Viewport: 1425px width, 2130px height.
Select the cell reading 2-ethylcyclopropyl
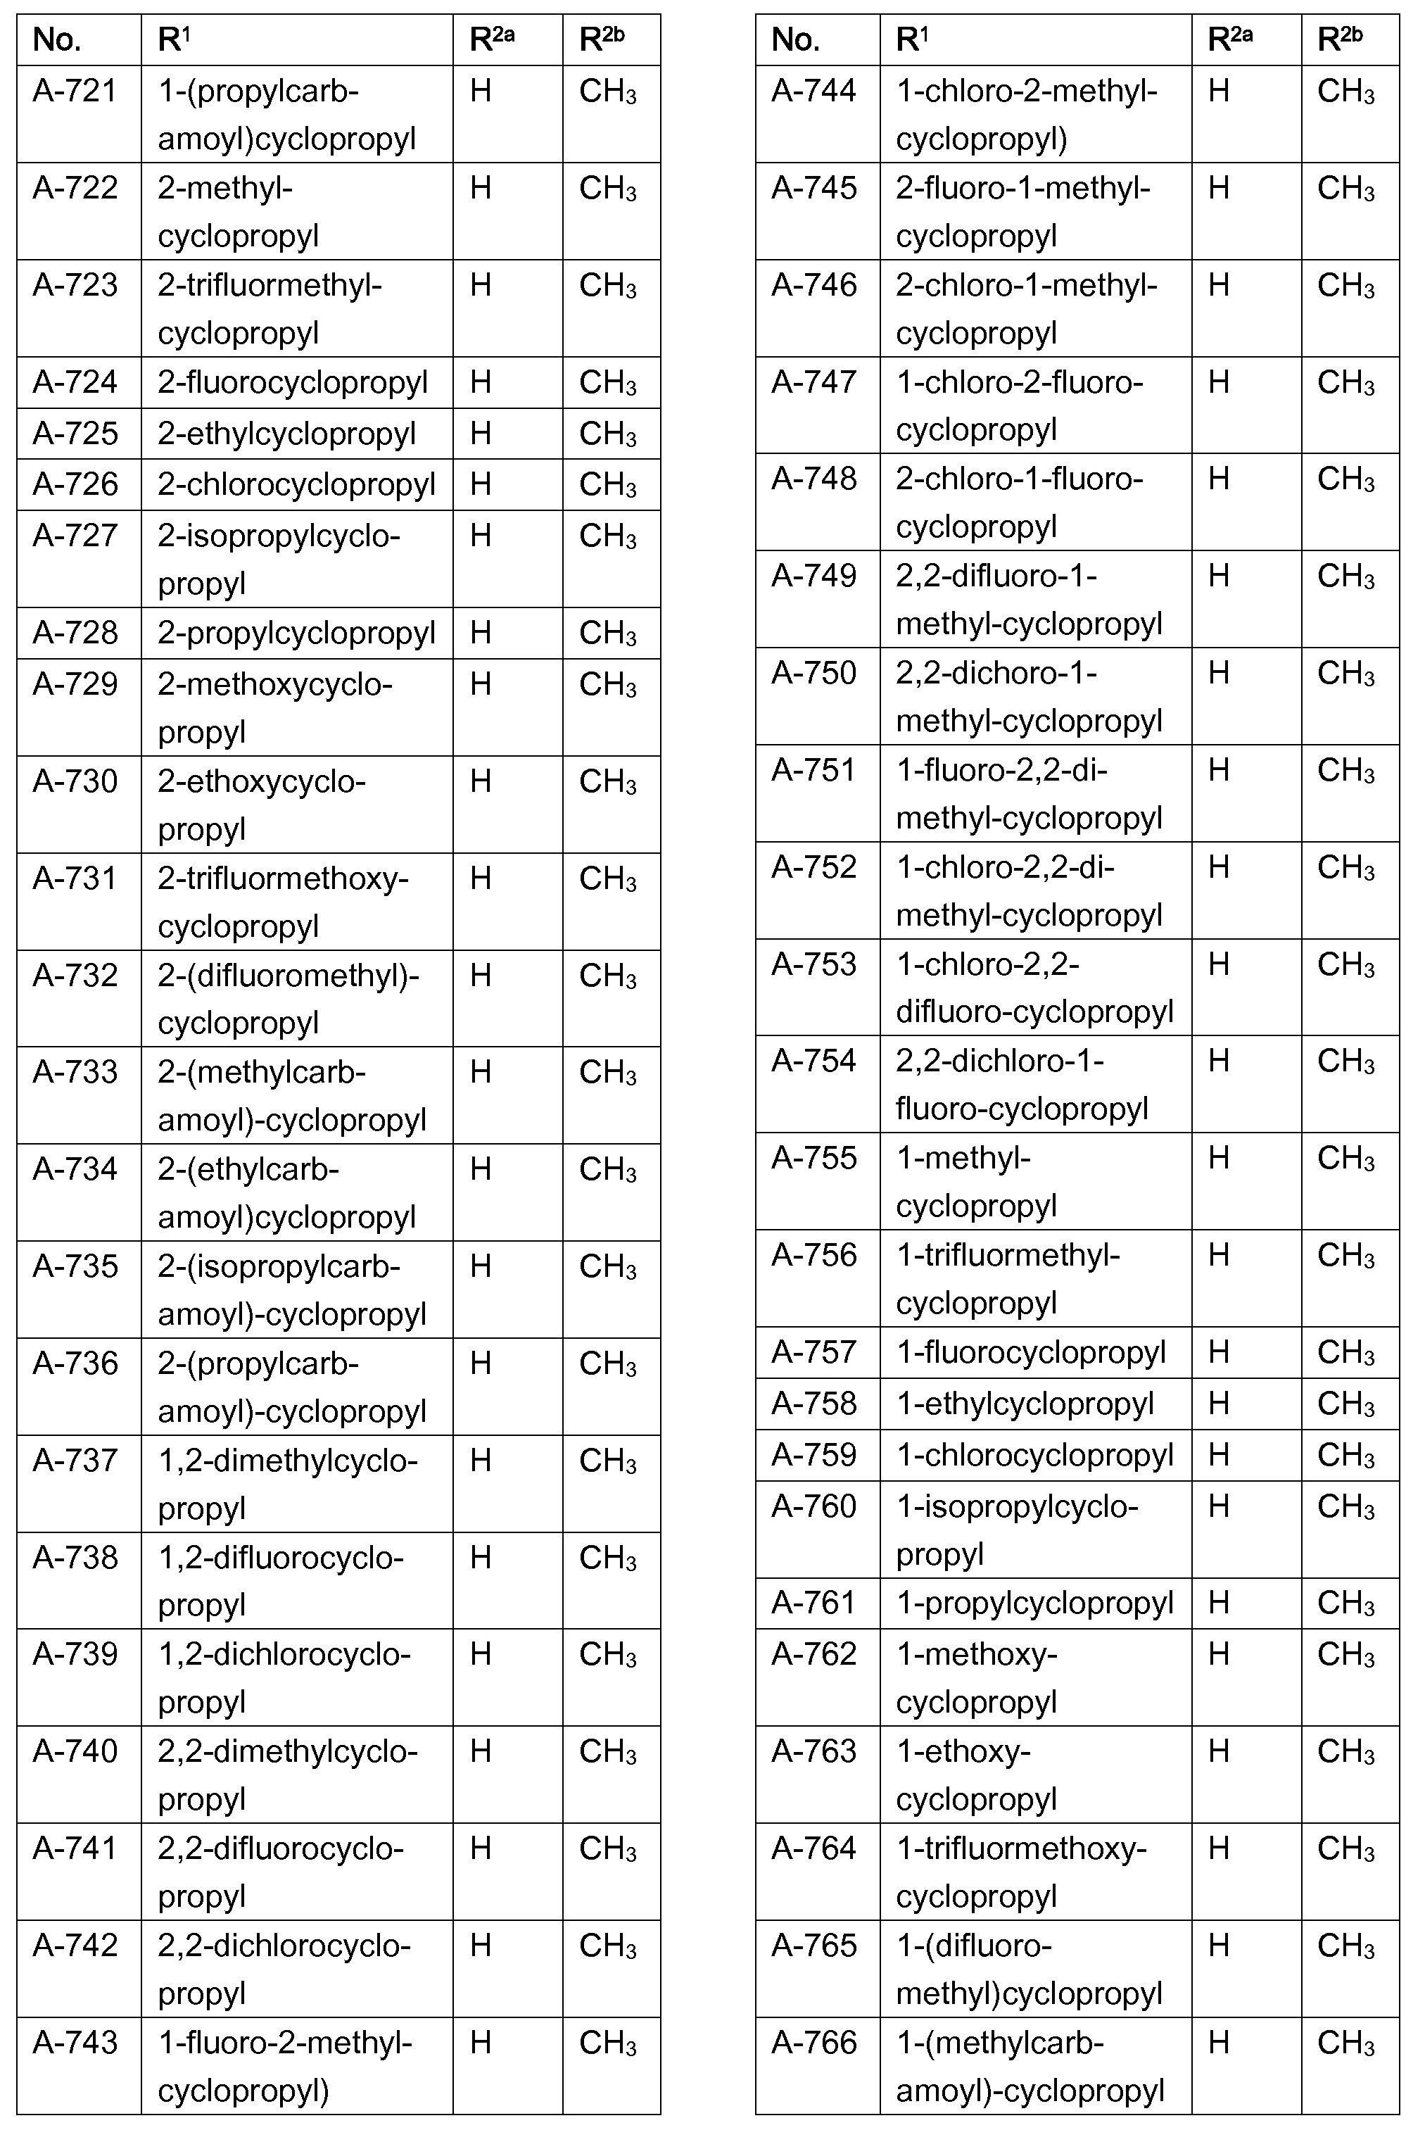[286, 434]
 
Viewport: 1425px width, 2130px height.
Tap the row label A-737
[75, 1461]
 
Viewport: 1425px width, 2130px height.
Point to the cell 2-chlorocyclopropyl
[296, 484]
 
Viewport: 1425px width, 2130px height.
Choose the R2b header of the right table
[1340, 40]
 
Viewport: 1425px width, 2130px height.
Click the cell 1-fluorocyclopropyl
[1031, 1353]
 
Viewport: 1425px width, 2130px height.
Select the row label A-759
[813, 1456]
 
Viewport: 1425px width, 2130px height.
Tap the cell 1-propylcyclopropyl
[1034, 1603]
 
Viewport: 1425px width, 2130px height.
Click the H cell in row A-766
[1219, 2043]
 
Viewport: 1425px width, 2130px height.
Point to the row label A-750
[813, 674]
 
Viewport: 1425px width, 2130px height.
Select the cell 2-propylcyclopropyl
[296, 633]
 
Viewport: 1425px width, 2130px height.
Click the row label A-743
[75, 2043]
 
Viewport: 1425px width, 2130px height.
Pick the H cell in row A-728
[480, 633]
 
